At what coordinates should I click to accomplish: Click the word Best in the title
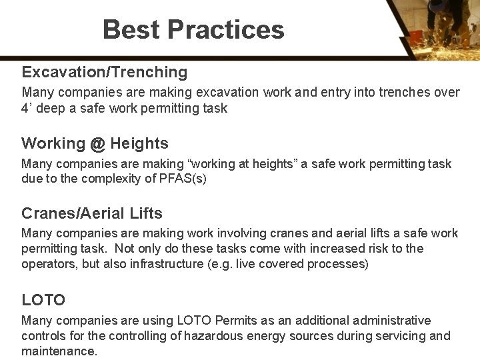click(x=131, y=30)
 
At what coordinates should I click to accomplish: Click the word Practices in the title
click(x=226, y=30)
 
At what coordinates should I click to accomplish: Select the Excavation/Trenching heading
click(x=104, y=72)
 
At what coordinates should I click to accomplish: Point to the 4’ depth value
click(x=27, y=108)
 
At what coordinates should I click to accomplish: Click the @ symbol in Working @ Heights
click(x=98, y=143)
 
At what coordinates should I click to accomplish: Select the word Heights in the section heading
click(x=139, y=143)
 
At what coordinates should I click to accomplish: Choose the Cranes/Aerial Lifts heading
click(x=92, y=213)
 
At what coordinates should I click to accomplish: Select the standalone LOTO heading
click(x=43, y=301)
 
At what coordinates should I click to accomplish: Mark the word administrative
click(x=390, y=321)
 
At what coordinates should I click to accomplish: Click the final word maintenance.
click(x=59, y=351)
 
